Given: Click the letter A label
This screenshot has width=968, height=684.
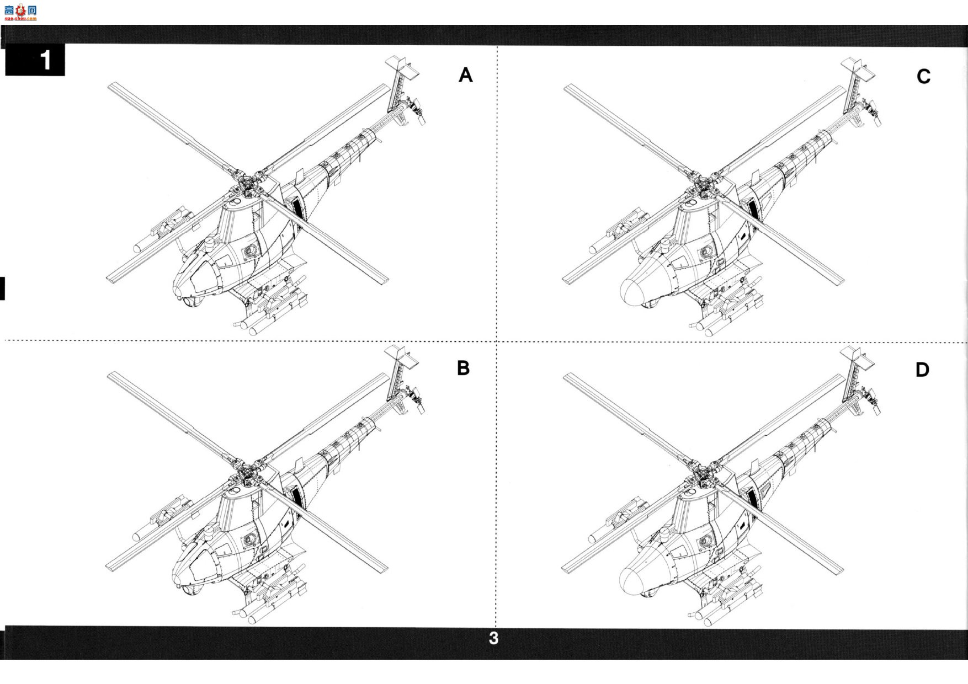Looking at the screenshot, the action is click(466, 75).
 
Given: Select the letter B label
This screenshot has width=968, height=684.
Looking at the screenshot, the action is click(464, 368).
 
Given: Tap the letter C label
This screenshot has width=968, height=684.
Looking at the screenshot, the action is click(923, 76).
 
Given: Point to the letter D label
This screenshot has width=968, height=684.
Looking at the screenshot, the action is click(922, 370).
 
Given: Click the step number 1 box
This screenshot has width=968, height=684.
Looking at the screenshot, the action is click(35, 60).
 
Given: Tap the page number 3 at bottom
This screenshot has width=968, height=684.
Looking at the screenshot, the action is click(493, 638).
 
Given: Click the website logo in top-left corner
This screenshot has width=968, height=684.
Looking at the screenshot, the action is click(20, 12).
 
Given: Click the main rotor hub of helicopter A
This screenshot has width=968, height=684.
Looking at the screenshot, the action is click(251, 183).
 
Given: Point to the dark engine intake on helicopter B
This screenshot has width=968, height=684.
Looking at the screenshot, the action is click(296, 498).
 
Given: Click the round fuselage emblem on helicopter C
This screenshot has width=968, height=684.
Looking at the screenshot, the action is click(705, 253).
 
